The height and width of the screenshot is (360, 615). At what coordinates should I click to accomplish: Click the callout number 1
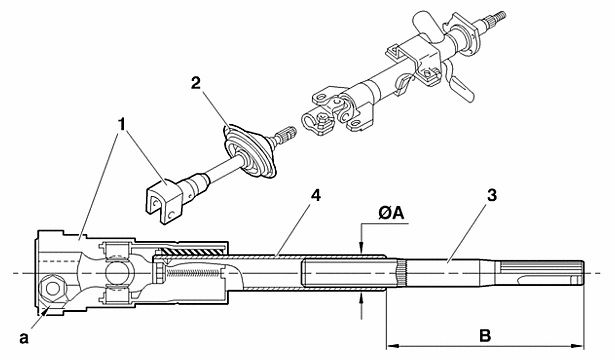pyautogui.click(x=122, y=124)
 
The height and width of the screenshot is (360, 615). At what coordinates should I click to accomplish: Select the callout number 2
pyautogui.click(x=196, y=83)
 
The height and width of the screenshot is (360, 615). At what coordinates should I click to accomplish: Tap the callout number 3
pyautogui.click(x=492, y=195)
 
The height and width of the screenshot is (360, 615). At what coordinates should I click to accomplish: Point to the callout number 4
pyautogui.click(x=315, y=195)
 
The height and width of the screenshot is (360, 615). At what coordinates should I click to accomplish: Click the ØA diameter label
pyautogui.click(x=391, y=213)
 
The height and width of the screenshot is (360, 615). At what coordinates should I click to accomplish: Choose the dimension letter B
pyautogui.click(x=485, y=336)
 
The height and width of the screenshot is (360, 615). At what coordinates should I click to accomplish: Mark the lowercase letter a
pyautogui.click(x=24, y=338)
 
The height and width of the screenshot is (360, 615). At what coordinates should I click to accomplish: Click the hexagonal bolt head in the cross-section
pyautogui.click(x=51, y=289)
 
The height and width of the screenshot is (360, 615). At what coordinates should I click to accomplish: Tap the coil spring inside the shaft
pyautogui.click(x=193, y=272)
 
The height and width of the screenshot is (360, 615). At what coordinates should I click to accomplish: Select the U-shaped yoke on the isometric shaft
pyautogui.click(x=162, y=200)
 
